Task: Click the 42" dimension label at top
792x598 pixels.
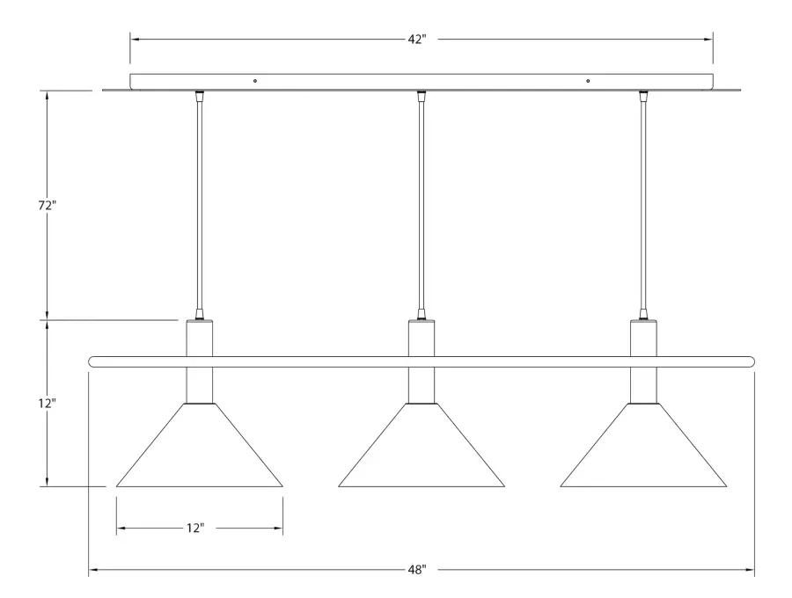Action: (417, 40)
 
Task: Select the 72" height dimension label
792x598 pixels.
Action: (47, 206)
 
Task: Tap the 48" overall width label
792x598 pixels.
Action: (417, 570)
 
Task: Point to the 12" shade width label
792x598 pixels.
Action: (195, 528)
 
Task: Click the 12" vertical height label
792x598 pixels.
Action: (47, 403)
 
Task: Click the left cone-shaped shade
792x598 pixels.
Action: (200, 445)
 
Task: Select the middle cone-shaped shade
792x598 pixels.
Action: (422, 445)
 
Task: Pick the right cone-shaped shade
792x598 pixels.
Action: (643, 445)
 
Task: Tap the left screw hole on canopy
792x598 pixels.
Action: (255, 81)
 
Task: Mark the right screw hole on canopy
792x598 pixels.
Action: (588, 81)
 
